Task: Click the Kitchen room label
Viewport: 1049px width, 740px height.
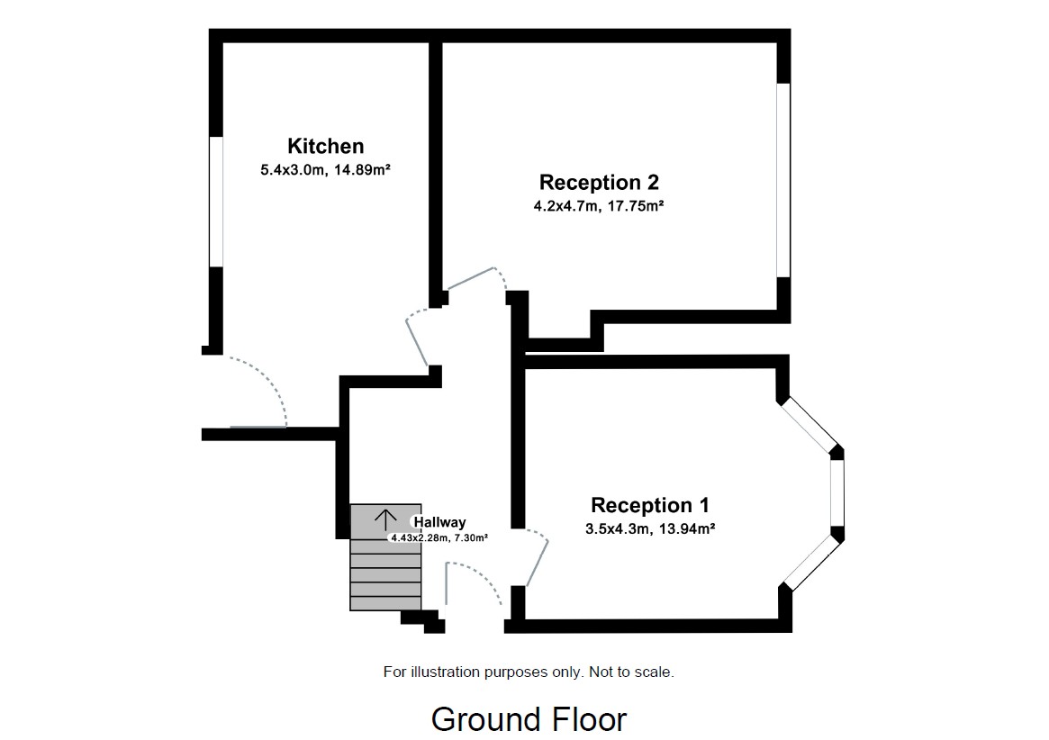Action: click(325, 146)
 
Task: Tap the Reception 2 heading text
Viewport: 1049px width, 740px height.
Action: click(599, 183)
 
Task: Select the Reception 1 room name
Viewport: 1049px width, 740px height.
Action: click(650, 505)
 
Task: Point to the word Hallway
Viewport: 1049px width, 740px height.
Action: click(439, 522)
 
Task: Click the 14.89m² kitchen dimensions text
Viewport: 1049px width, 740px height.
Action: click(325, 169)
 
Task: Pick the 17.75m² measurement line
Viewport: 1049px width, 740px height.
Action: click(599, 206)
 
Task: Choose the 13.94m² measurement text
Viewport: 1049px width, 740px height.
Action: click(650, 528)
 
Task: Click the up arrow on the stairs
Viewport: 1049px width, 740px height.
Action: click(385, 519)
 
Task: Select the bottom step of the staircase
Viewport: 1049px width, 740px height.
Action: click(385, 603)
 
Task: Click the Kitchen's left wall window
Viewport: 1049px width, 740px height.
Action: click(216, 201)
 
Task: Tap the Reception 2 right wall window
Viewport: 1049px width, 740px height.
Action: click(783, 180)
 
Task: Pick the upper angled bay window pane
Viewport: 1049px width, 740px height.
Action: click(809, 424)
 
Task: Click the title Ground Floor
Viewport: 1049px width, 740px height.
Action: click(529, 719)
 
